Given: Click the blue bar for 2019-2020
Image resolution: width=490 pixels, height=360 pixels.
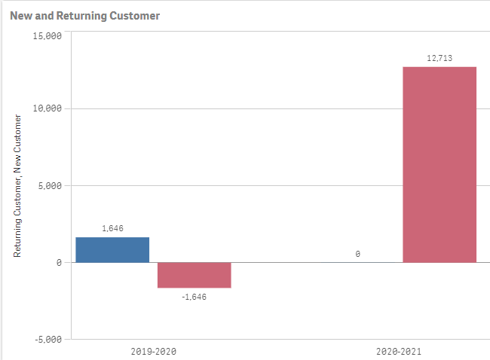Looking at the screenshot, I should point(112,249).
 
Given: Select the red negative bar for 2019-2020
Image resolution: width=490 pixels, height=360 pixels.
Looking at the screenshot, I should point(194,275).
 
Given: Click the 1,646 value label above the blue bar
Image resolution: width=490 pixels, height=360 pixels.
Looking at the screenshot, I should point(112,227).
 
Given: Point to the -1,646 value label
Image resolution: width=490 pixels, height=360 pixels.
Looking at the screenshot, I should point(193,297).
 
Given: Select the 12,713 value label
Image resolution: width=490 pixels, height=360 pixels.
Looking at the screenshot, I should point(439,58).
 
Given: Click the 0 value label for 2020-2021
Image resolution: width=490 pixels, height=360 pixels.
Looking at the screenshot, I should point(357,254).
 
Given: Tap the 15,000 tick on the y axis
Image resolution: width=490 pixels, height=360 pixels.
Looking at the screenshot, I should point(47,36).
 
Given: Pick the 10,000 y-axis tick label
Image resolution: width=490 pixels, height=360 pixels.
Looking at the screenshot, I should point(47,108).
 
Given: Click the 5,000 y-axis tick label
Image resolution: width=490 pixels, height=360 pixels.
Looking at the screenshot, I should point(49,185).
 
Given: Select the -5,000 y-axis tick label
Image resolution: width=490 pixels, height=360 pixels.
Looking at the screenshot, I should point(47,339).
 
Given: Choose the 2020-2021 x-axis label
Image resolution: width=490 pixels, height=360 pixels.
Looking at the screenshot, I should point(399,351).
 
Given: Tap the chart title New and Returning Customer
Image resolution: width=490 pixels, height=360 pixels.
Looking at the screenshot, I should point(84,15).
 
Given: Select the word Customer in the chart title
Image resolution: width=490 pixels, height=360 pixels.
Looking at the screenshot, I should point(136,15).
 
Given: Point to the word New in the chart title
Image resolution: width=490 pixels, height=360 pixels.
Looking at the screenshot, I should point(20,15).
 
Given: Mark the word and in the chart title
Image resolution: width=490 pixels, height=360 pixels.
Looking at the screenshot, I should point(44,15).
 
